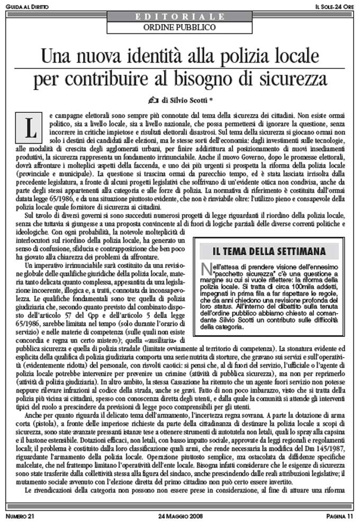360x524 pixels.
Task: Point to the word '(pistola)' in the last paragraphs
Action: point(43,428)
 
